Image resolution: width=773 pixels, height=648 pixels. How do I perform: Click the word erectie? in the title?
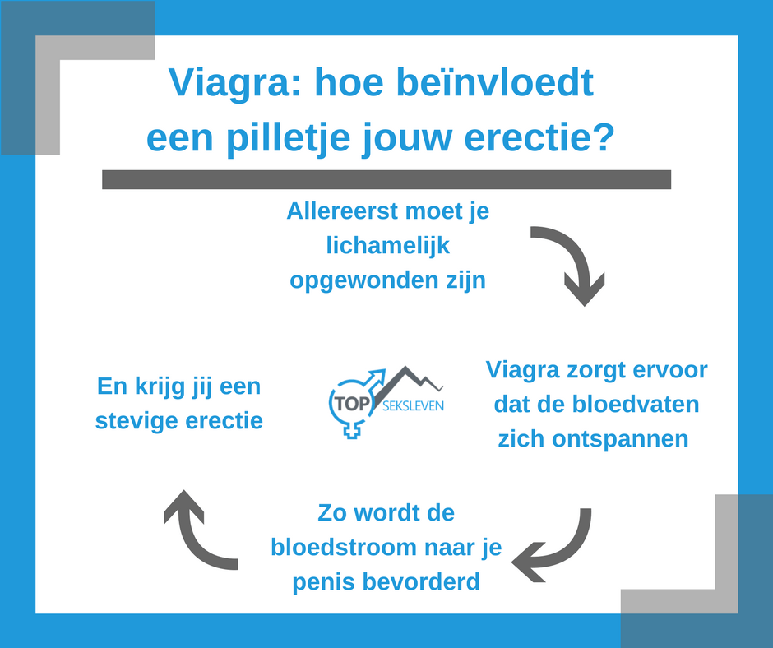pyautogui.click(x=539, y=137)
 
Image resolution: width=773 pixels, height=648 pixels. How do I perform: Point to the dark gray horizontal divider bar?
pyautogui.click(x=386, y=179)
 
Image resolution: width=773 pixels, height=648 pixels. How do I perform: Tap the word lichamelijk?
pyautogui.click(x=388, y=245)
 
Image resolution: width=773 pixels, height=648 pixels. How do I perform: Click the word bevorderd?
pyautogui.click(x=421, y=582)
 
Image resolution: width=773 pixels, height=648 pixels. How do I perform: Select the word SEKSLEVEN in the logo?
pyautogui.click(x=413, y=406)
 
